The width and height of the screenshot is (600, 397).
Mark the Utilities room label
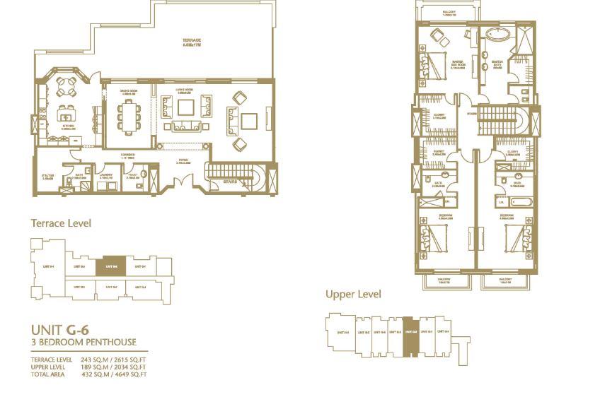48,177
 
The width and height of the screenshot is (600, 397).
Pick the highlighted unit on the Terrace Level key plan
110,266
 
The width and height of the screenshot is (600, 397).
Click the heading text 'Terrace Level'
61,223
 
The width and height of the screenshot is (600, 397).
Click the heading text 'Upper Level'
353,294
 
